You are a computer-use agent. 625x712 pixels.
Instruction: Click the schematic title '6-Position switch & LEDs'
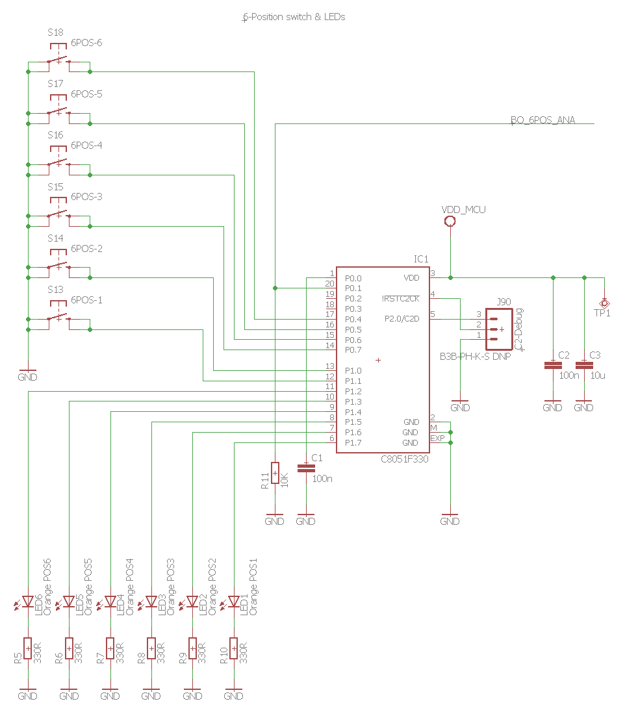click(x=293, y=18)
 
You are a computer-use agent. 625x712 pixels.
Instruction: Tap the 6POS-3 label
click(x=86, y=197)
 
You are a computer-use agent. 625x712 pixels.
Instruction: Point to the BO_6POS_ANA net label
click(x=542, y=120)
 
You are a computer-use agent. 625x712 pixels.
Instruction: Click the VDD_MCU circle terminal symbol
click(x=450, y=222)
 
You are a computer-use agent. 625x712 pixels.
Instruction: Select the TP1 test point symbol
click(x=604, y=303)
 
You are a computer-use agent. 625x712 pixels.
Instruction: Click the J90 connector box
click(x=499, y=325)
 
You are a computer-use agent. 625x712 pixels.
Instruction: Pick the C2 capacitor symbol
click(x=552, y=366)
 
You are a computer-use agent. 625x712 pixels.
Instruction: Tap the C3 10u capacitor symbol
click(x=583, y=366)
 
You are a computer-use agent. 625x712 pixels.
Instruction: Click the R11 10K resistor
click(x=275, y=474)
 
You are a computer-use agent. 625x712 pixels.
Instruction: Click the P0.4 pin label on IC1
click(x=353, y=319)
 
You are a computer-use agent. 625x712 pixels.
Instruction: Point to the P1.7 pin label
click(x=353, y=443)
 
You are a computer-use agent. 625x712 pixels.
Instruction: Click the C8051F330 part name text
click(x=405, y=459)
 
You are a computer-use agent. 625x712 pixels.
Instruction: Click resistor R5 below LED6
click(x=28, y=648)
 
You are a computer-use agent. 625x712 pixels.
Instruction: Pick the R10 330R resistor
click(x=234, y=648)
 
